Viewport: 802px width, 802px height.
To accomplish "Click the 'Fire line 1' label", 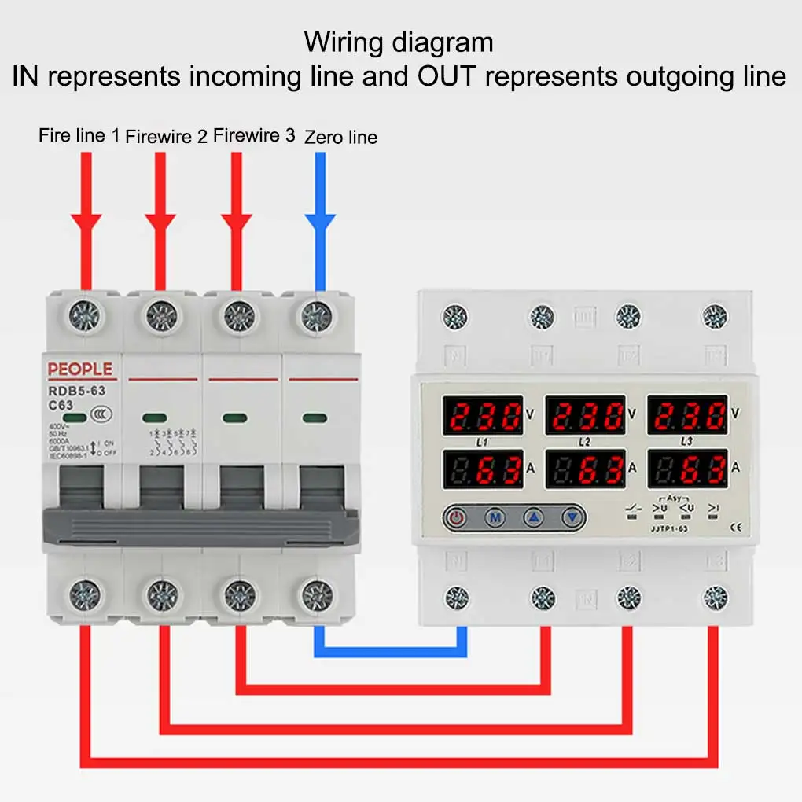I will point(79,135).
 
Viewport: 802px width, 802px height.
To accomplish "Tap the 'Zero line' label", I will point(340,138).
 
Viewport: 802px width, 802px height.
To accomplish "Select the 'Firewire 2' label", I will point(166,137).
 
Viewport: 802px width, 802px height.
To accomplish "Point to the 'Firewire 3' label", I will point(254,135).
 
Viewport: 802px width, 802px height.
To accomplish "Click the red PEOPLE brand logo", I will point(80,370).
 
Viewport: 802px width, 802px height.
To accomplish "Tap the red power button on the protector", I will point(456,517).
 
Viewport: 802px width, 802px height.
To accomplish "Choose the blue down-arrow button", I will point(574,517).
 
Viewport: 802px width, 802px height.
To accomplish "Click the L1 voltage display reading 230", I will point(483,415).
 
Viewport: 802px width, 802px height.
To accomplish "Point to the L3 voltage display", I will point(687,415).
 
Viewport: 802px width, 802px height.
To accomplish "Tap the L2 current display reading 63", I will point(585,469).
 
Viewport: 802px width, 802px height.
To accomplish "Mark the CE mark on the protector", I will point(737,528).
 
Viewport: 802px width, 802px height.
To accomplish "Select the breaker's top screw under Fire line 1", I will point(85,316).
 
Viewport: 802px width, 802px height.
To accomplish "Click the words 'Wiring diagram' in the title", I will point(399,42).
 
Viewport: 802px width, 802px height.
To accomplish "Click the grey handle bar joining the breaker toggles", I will point(201,525).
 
